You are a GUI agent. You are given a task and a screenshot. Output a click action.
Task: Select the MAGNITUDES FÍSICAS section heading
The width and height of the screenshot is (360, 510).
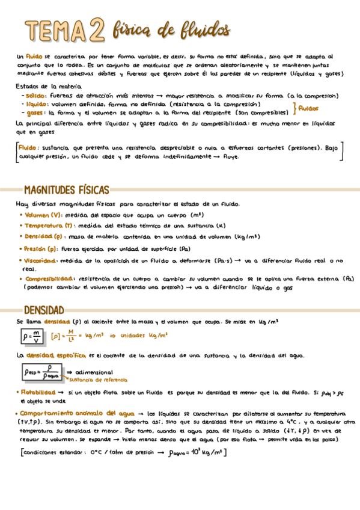coord(66,190)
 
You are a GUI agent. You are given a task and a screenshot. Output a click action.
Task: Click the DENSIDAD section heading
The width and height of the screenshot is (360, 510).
coord(43,310)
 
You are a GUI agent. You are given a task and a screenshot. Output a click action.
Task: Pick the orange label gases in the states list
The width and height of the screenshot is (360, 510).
coord(34,112)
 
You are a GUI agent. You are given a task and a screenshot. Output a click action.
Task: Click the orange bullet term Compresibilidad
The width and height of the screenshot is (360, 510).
coord(49,279)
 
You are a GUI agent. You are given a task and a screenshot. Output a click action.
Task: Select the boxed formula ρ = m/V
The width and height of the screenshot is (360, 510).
coord(31,337)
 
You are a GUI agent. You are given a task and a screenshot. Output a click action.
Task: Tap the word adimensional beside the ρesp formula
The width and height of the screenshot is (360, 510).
coord(94,372)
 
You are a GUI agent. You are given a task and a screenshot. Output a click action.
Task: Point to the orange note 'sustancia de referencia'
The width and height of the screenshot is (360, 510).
coord(97,380)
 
